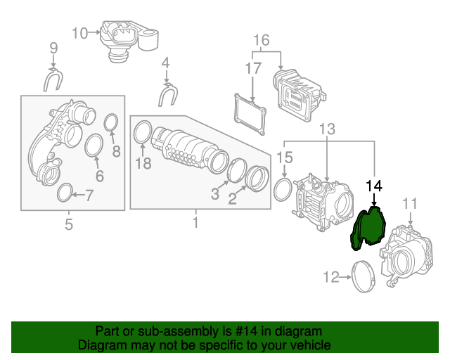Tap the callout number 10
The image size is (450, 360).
pos(79,32)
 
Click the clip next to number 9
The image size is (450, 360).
pos(53,82)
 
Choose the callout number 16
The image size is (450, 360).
pos(261,40)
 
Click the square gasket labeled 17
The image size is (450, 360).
pos(251,114)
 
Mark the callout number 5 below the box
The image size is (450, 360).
pos(69,225)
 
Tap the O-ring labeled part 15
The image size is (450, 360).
pos(283,189)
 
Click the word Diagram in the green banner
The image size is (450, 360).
pos(99,345)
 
